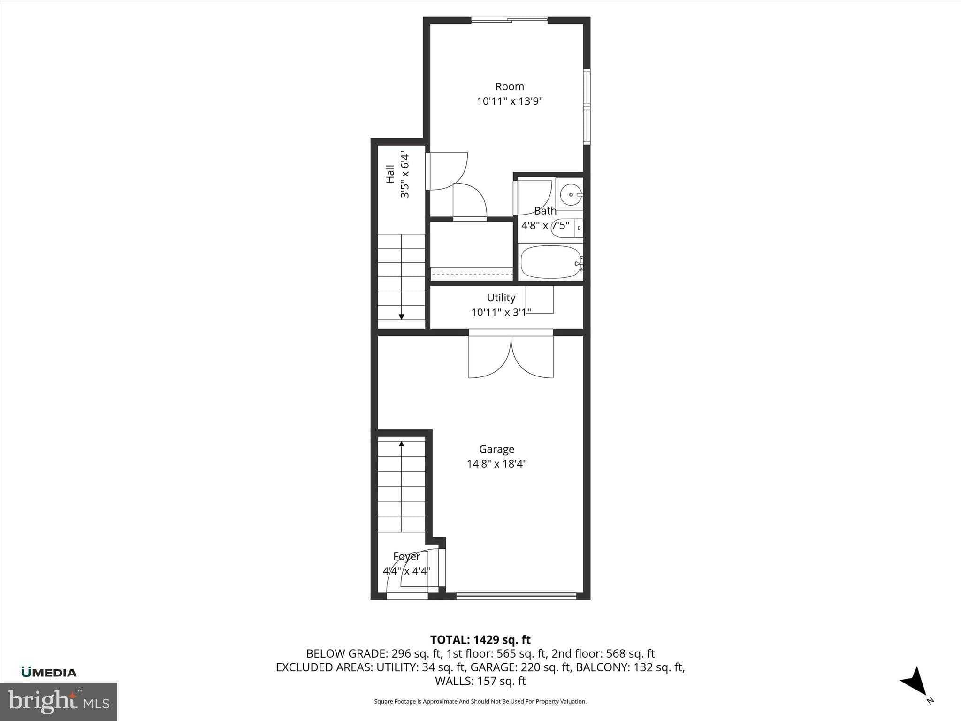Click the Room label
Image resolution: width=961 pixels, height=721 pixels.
point(510,86)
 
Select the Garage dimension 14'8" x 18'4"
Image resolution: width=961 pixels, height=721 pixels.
point(496,464)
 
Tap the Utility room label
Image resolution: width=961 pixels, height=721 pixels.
point(501,298)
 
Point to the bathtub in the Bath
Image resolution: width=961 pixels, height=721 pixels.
point(551,262)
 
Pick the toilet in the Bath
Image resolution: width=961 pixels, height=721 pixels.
point(565,228)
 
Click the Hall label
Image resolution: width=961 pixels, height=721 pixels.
point(390,174)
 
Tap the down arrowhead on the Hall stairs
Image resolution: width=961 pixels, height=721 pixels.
point(401,317)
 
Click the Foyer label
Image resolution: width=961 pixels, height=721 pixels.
point(406,556)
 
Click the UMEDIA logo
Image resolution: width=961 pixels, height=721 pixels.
point(49,672)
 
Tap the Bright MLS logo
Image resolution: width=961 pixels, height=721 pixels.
point(58,701)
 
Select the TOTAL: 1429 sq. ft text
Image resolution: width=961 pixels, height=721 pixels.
point(480,640)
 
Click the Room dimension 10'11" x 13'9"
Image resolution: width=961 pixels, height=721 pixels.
point(510,101)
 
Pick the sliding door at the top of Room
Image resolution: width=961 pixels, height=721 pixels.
point(509,20)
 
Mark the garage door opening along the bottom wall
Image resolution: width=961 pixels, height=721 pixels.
point(516,596)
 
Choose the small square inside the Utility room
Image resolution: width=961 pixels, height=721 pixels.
point(540,299)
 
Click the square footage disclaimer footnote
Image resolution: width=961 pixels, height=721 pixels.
point(480,701)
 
